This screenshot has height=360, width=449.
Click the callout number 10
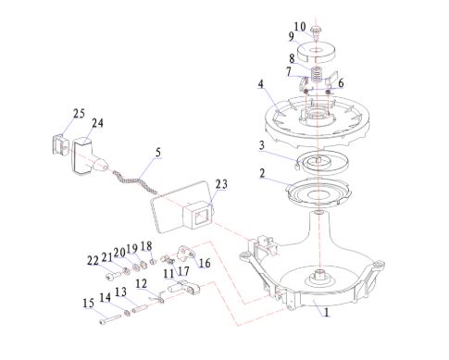tap(299, 27)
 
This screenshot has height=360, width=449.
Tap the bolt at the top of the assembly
tap(316, 33)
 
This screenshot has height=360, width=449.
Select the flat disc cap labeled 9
tap(317, 52)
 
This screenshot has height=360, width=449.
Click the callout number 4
tap(261, 84)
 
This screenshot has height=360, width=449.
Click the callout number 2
tap(262, 173)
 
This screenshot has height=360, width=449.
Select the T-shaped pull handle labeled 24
tap(88, 156)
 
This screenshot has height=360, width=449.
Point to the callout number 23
tap(221, 184)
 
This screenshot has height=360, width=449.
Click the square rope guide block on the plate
tap(198, 215)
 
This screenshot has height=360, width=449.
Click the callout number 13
tap(120, 292)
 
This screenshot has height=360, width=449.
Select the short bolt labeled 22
tap(114, 276)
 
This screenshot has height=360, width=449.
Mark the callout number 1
tap(326, 312)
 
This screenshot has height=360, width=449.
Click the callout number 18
tap(146, 246)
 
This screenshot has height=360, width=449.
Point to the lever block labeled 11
tap(184, 287)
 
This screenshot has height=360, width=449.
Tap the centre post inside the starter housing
tap(319, 274)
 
